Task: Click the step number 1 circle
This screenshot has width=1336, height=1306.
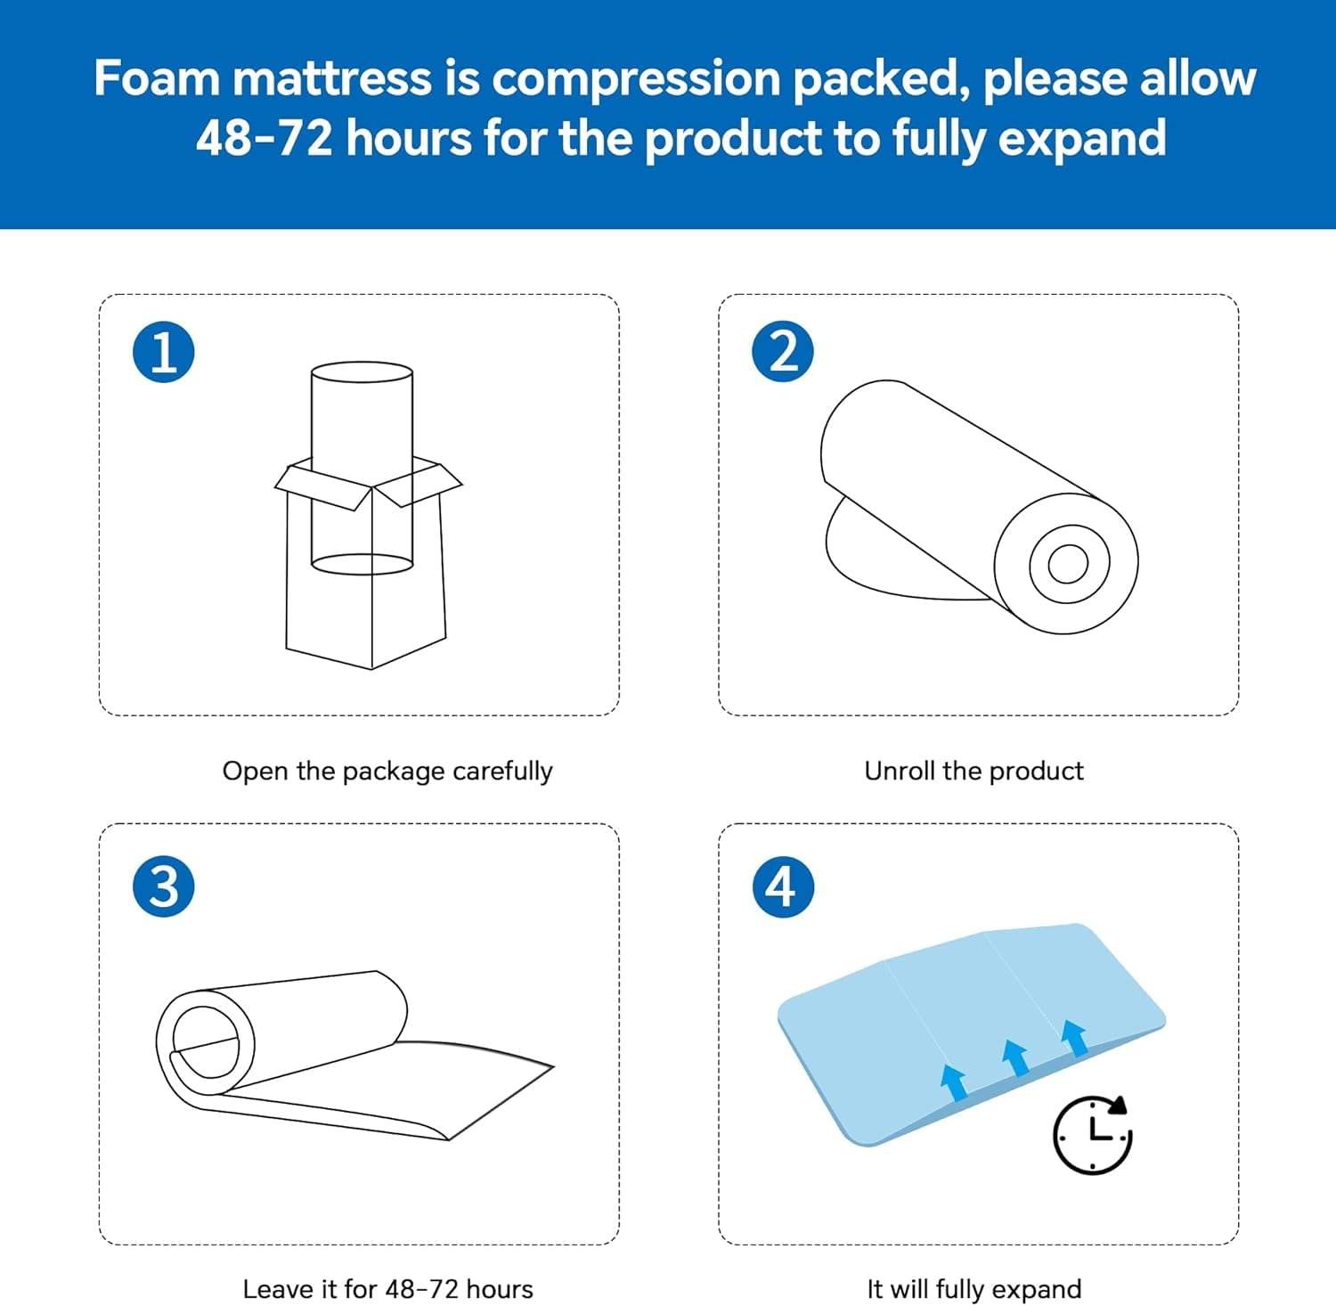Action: (164, 352)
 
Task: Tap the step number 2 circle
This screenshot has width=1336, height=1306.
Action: (783, 352)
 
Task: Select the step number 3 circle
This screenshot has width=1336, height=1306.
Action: (164, 886)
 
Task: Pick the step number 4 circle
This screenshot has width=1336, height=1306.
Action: (783, 886)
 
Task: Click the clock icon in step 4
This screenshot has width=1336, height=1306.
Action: (1092, 1135)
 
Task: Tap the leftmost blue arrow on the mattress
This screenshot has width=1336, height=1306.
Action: (954, 1082)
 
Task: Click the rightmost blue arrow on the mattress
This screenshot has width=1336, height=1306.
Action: (1074, 1038)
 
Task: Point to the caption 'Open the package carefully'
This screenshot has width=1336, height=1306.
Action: (387, 771)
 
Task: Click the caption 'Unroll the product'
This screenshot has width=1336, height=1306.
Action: (973, 771)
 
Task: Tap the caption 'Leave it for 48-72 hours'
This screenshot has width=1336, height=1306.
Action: (387, 1289)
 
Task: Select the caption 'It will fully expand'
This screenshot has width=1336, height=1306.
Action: (974, 1289)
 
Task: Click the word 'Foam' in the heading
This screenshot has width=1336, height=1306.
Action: (157, 78)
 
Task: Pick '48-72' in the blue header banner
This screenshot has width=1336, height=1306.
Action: (264, 138)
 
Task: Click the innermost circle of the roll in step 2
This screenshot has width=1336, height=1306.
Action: (1068, 563)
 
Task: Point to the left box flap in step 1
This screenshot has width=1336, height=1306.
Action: (322, 487)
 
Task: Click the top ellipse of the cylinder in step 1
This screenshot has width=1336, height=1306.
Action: (362, 372)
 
